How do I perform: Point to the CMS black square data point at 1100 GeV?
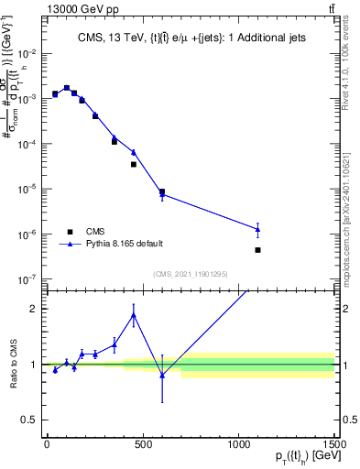pos(258,250)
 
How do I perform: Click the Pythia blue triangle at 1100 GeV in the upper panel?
pos(258,229)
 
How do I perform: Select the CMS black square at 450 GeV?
pos(134,164)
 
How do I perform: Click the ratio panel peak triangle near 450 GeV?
pos(134,315)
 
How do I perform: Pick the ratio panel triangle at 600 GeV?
pos(162,375)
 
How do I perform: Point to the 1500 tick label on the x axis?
pos(335,444)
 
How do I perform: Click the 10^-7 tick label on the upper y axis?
pos(29,278)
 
